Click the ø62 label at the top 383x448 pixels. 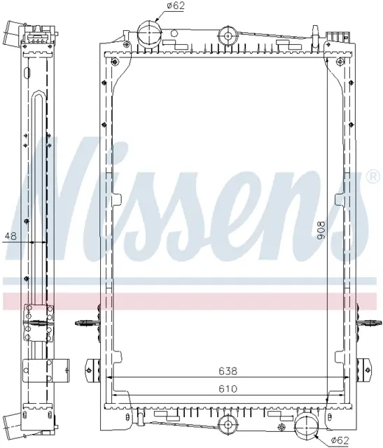pos(176,6)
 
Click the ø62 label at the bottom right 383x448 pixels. pos(340,440)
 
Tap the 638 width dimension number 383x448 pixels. pos(228,371)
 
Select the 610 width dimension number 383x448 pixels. pos(228,388)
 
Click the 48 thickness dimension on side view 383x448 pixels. pos(11,236)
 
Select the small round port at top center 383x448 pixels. pos(228,36)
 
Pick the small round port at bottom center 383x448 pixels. pos(228,425)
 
